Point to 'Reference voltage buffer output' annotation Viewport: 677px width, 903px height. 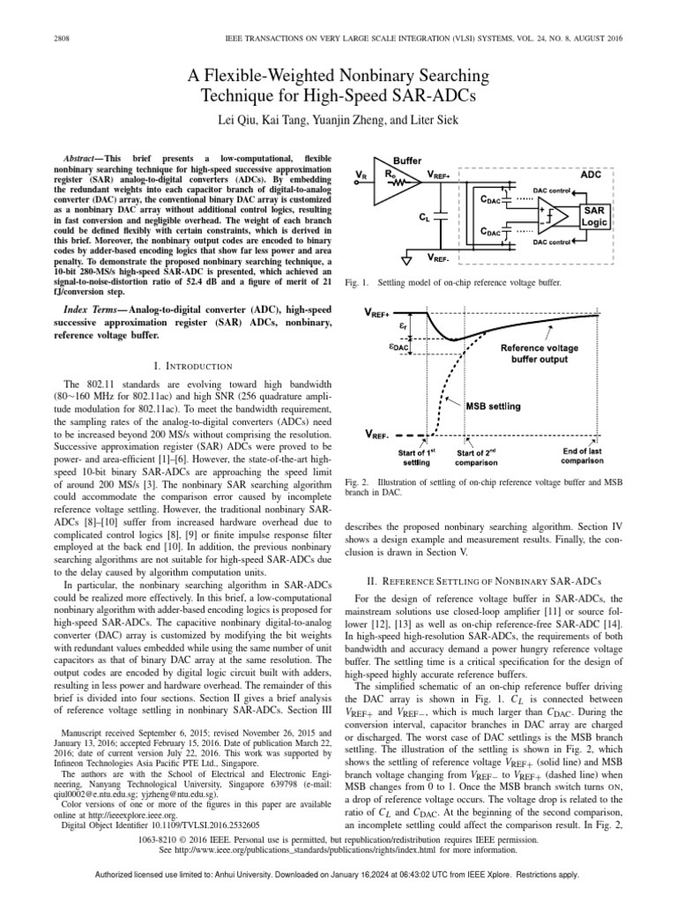click(x=540, y=354)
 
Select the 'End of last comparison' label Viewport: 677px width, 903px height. click(x=583, y=456)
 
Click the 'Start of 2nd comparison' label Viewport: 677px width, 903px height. click(x=477, y=457)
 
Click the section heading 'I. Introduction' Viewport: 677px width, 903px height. click(x=192, y=365)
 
